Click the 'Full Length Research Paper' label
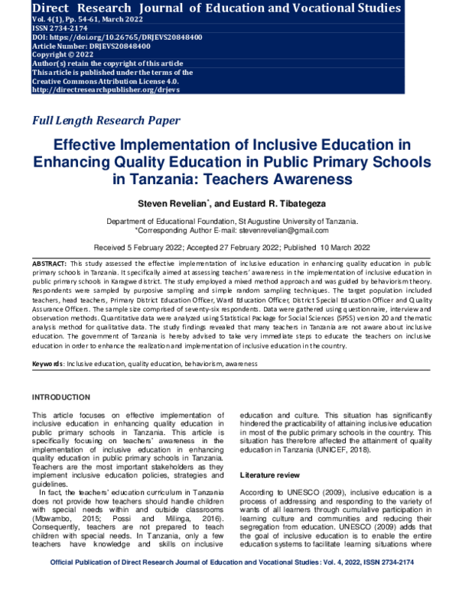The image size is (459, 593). click(x=106, y=120)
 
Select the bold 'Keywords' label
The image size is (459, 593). click(x=47, y=362)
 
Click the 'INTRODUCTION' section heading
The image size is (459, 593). click(x=66, y=397)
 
